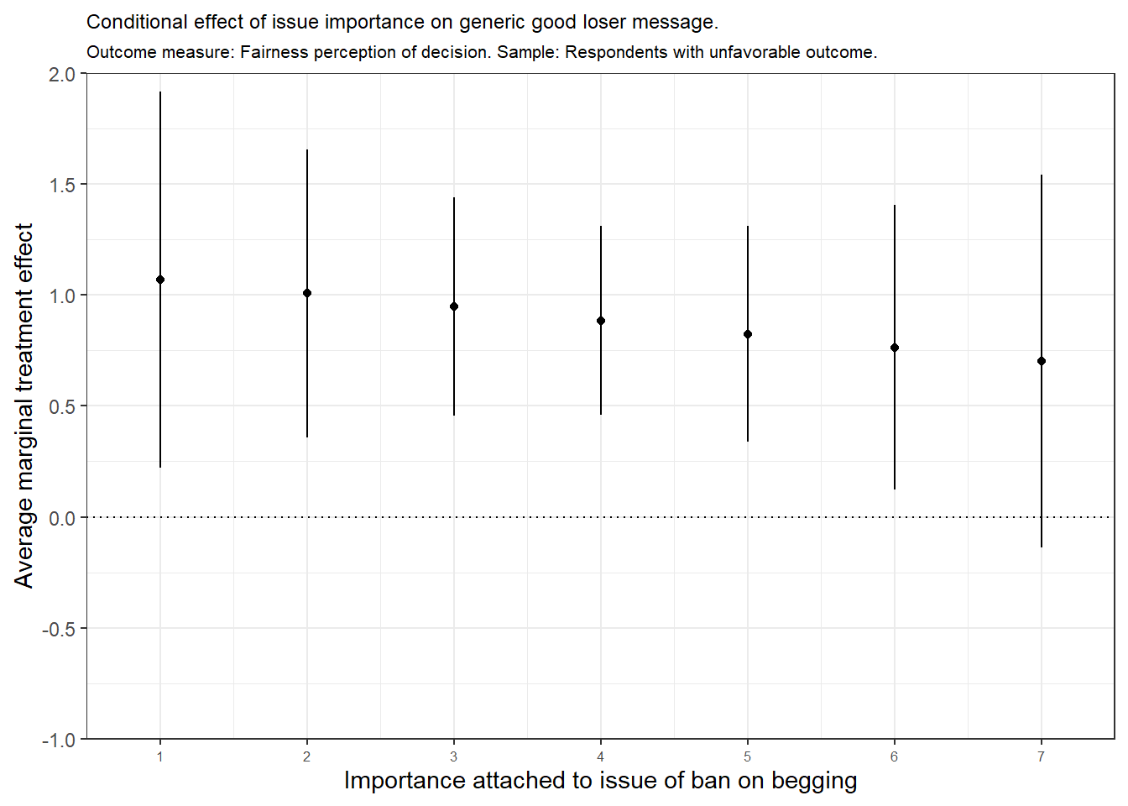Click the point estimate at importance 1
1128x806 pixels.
[x=160, y=280]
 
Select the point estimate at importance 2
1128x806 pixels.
[x=307, y=293]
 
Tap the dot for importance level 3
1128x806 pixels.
[x=454, y=306]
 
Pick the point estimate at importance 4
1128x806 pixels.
[x=601, y=321]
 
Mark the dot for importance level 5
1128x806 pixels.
[x=748, y=334]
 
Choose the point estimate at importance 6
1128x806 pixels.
[x=895, y=348]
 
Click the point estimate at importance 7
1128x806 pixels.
[x=1042, y=361]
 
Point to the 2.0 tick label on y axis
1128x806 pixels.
[x=62, y=75]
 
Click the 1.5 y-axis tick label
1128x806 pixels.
[x=62, y=185]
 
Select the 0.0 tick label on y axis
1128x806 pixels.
[x=62, y=518]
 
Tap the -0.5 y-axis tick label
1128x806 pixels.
[x=59, y=629]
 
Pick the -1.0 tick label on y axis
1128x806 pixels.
[x=59, y=740]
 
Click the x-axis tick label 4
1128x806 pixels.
[x=601, y=757]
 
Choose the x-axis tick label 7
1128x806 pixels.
[x=1042, y=757]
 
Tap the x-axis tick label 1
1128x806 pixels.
[x=160, y=757]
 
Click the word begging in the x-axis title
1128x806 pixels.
[x=814, y=782]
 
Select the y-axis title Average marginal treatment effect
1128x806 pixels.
[x=23, y=406]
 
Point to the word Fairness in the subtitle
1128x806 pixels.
[x=272, y=52]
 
